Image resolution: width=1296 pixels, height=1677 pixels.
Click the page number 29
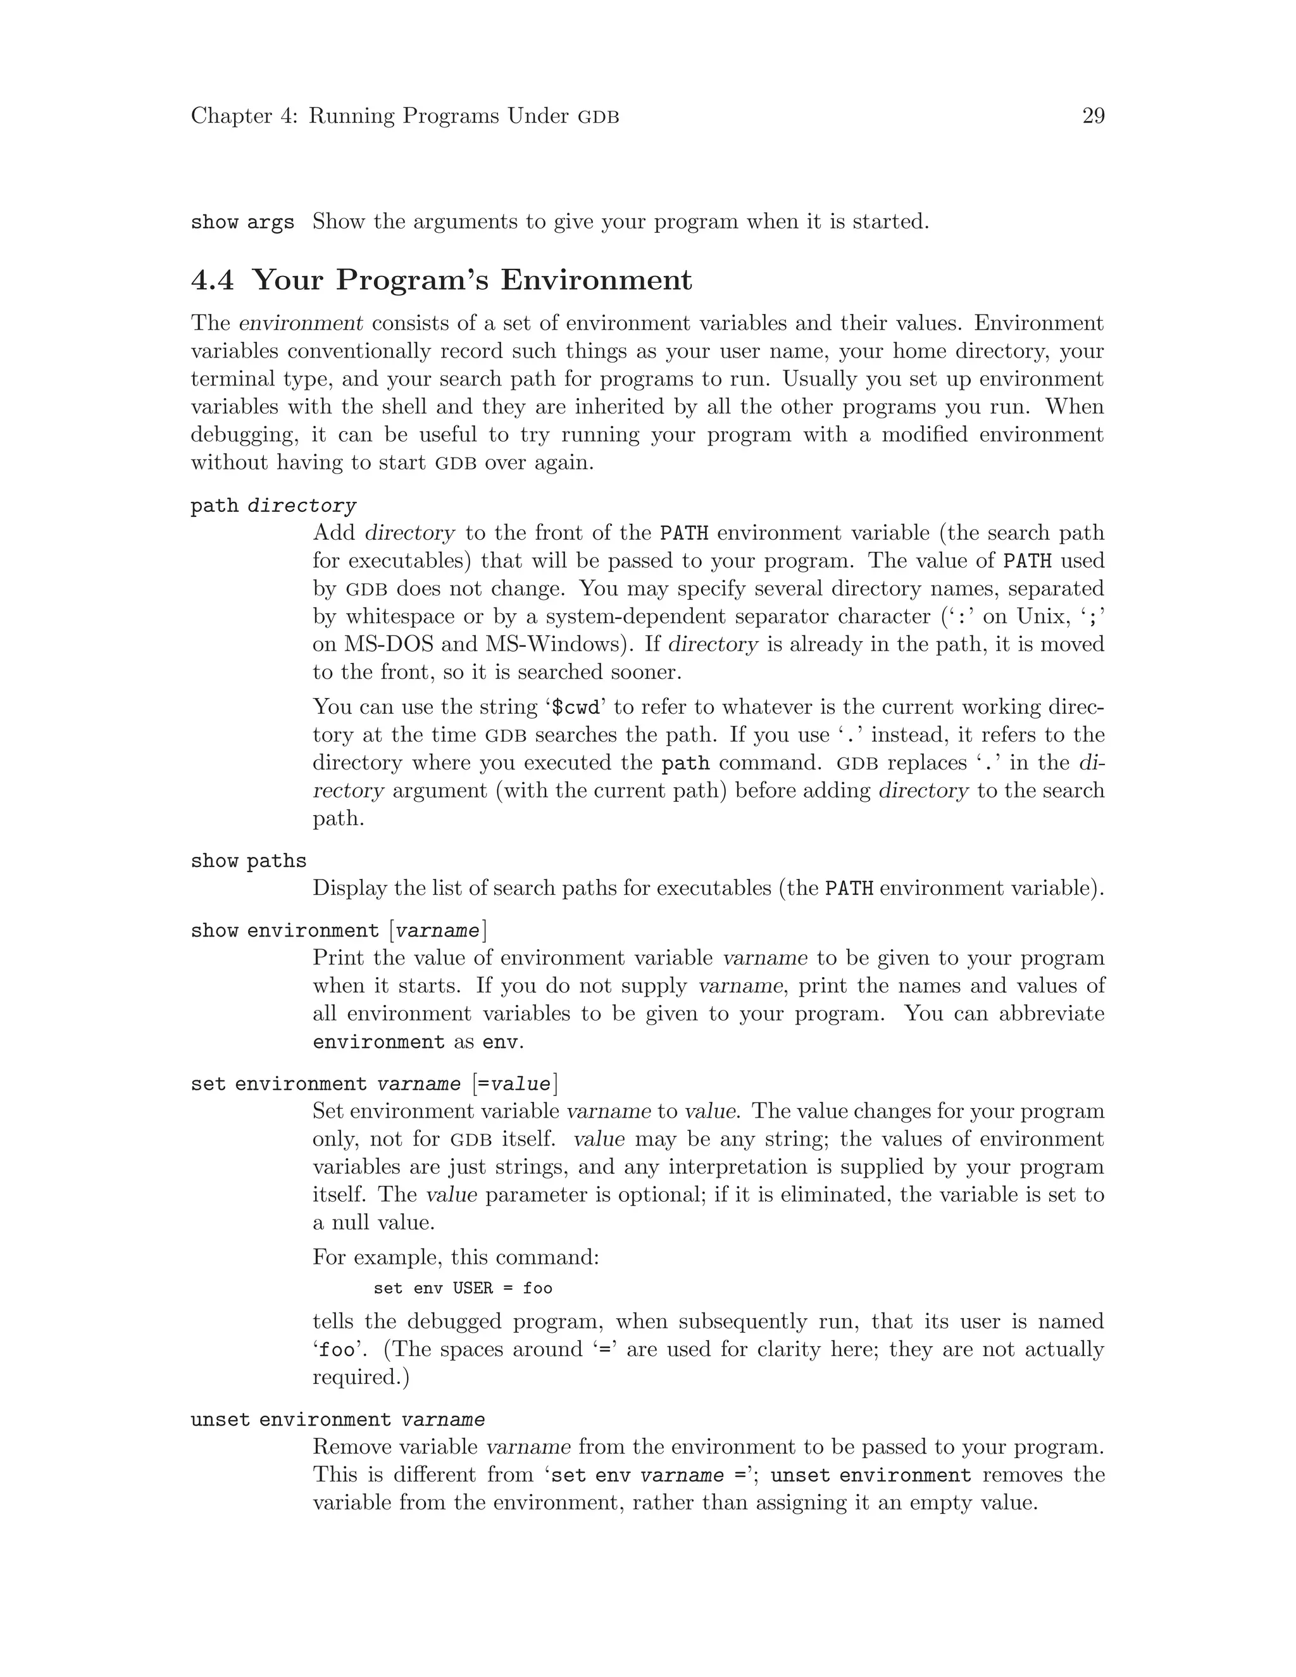pos(1092,116)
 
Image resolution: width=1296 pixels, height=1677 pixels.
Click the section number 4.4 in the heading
pos(212,280)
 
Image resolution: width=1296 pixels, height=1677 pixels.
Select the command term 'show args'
pos(242,223)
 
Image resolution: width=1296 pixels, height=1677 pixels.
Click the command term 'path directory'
pos(273,506)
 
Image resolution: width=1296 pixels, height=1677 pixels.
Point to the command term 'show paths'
pos(248,861)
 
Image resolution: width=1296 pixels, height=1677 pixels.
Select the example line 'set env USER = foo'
pos(463,1288)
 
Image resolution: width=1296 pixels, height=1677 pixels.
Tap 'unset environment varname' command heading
pos(338,1420)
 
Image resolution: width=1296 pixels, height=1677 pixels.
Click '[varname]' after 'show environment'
pos(439,931)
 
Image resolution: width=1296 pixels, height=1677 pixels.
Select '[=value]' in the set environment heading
pos(515,1084)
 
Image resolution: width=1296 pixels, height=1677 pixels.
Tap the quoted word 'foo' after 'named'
pos(338,1350)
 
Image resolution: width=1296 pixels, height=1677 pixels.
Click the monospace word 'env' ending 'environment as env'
pos(501,1043)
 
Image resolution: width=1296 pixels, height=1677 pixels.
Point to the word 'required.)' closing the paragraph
pos(361,1378)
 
